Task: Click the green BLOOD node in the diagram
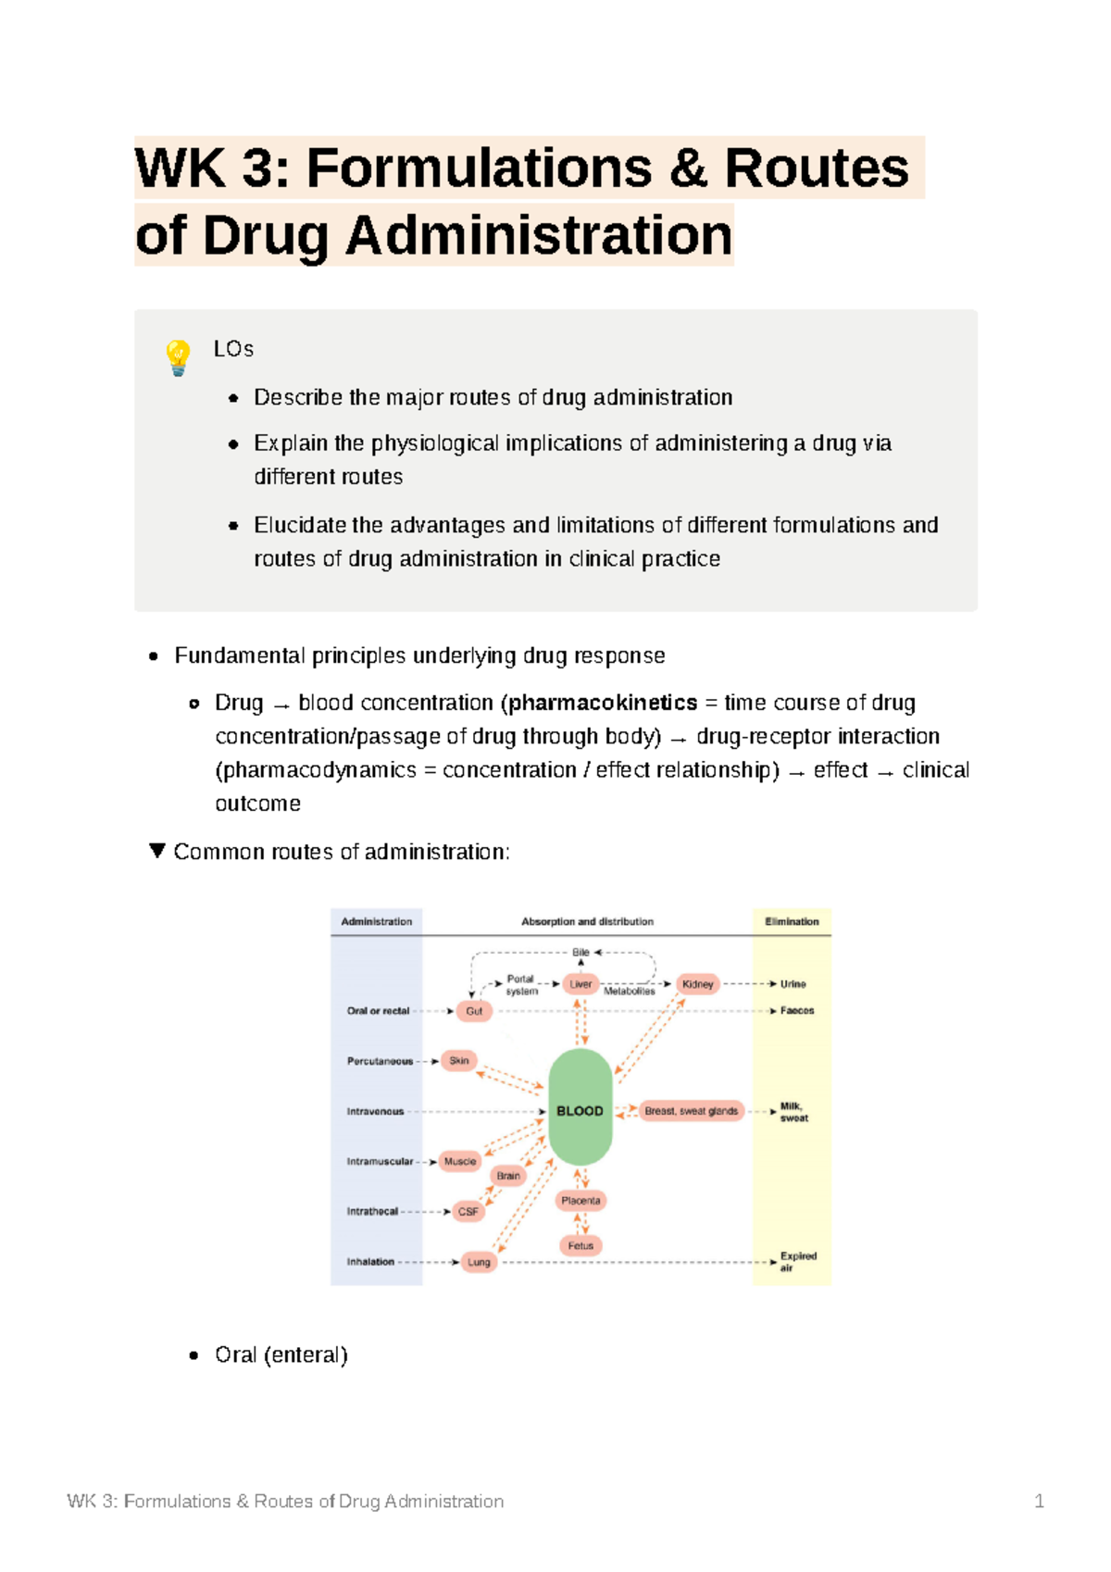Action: [x=580, y=1109]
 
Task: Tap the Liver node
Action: [x=580, y=984]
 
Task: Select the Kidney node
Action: [x=698, y=984]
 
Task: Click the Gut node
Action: [x=474, y=1011]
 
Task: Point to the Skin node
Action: [x=459, y=1061]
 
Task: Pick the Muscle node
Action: [x=460, y=1161]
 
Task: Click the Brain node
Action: [x=508, y=1176]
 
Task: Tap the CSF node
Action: [x=468, y=1211]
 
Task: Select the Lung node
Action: [x=479, y=1262]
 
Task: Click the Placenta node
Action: [x=580, y=1201]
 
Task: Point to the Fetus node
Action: [x=580, y=1246]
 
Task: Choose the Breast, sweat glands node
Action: [x=692, y=1111]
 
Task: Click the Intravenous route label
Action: [x=375, y=1111]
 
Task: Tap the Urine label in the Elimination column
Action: [x=793, y=984]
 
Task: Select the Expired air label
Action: [x=797, y=1262]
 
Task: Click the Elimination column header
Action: [x=792, y=921]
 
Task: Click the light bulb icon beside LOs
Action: [x=178, y=357]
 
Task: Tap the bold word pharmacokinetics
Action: [x=603, y=703]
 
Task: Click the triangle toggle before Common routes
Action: [x=157, y=851]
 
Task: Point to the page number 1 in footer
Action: [x=1039, y=1501]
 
